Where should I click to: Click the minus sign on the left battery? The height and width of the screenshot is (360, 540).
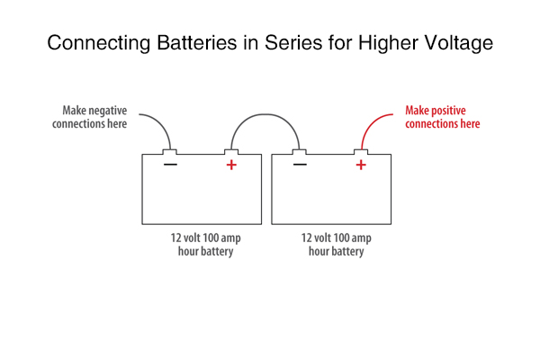pyautogui.click(x=170, y=165)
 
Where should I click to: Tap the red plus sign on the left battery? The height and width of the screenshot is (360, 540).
pyautogui.click(x=231, y=165)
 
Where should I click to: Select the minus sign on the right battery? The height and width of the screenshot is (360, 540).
pyautogui.click(x=300, y=165)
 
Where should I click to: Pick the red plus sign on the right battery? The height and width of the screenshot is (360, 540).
pyautogui.click(x=361, y=165)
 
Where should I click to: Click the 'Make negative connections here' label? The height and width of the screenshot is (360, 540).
pyautogui.click(x=94, y=117)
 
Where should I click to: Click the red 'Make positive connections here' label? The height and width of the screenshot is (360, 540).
pyautogui.click(x=442, y=117)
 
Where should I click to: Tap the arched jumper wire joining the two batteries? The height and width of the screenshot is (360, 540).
pyautogui.click(x=265, y=115)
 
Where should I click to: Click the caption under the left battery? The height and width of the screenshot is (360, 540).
pyautogui.click(x=206, y=245)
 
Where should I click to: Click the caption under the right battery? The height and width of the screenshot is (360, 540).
pyautogui.click(x=337, y=245)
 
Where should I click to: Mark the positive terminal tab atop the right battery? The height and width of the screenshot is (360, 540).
pyautogui.click(x=361, y=151)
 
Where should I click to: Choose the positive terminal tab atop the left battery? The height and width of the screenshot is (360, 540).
pyautogui.click(x=231, y=151)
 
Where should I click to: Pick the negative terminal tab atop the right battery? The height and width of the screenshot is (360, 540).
pyautogui.click(x=300, y=151)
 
